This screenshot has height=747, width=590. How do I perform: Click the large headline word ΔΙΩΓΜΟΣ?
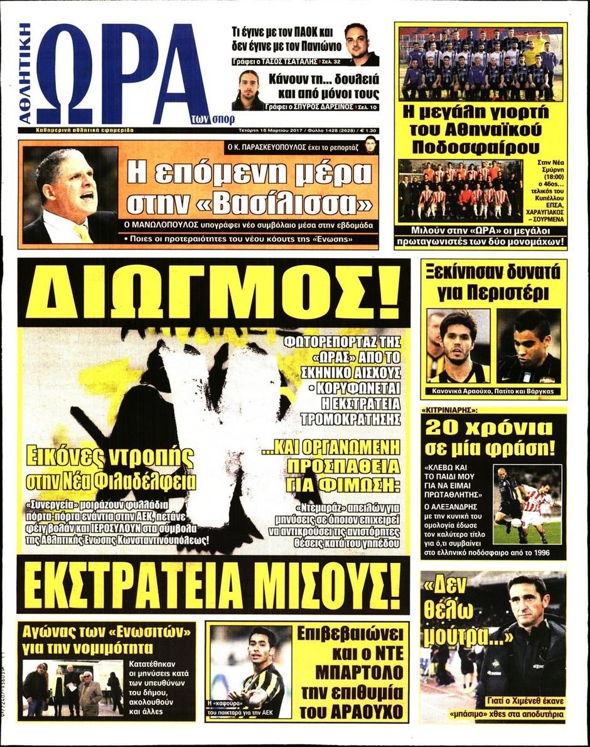pyautogui.click(x=213, y=294)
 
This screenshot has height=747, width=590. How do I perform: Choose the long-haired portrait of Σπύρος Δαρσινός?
pyautogui.click(x=249, y=89)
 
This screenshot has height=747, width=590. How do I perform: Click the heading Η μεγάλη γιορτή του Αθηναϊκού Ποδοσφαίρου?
pyautogui.click(x=480, y=130)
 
